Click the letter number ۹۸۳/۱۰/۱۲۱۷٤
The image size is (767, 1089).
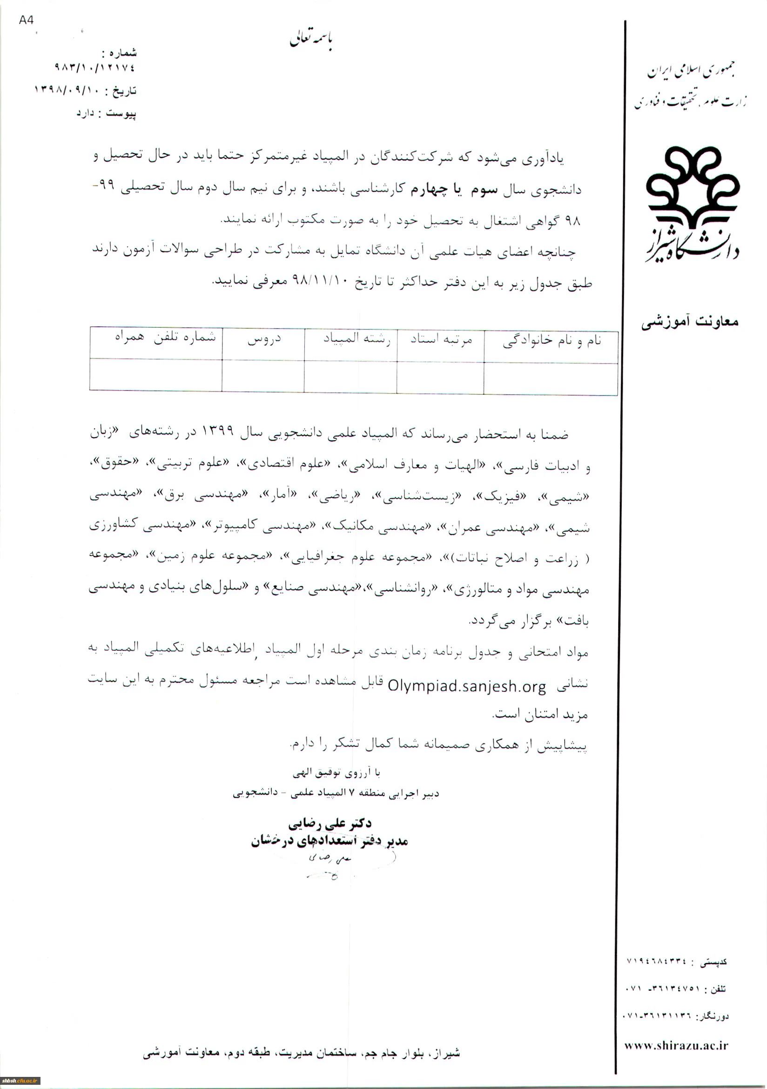[95, 68]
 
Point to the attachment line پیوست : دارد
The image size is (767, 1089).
[106, 114]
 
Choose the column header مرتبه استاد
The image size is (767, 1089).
[441, 340]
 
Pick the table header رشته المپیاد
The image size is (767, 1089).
[357, 339]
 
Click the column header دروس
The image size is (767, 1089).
[264, 339]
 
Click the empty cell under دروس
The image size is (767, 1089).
[263, 376]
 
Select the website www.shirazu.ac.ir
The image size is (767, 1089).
[676, 1045]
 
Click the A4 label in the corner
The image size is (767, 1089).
[27, 20]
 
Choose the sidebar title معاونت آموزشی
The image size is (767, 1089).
[690, 322]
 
